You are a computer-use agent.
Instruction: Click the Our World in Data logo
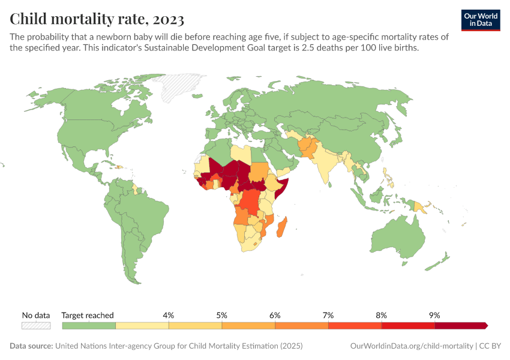(x=480, y=20)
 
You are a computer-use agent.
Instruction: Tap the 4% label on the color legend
(x=169, y=315)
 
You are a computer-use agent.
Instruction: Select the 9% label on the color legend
(x=434, y=315)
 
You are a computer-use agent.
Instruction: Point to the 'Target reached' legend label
(x=88, y=315)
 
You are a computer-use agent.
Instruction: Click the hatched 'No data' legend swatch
(x=36, y=325)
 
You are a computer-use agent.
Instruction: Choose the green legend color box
(x=89, y=325)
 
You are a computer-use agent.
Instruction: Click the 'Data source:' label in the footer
(x=31, y=346)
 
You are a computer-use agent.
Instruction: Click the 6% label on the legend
(x=275, y=315)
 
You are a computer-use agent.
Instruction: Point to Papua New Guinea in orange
(x=421, y=208)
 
